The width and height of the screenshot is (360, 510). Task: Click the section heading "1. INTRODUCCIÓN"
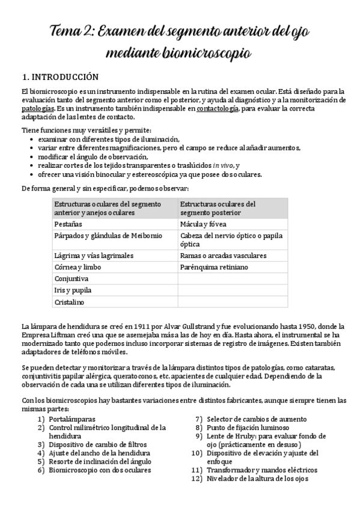point(59,77)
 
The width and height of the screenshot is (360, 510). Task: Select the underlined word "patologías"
point(37,108)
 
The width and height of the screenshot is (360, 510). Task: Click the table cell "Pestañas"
point(70,224)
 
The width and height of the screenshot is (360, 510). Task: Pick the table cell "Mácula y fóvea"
point(203,224)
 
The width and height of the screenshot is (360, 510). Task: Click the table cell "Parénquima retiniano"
point(213,267)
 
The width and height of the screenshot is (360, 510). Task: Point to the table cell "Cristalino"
point(70,302)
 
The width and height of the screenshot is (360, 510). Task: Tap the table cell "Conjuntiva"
point(72,279)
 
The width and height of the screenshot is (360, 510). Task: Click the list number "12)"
point(195,478)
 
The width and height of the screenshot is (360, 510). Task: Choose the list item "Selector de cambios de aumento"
point(256,419)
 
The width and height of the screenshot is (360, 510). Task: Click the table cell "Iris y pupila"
point(73,290)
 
